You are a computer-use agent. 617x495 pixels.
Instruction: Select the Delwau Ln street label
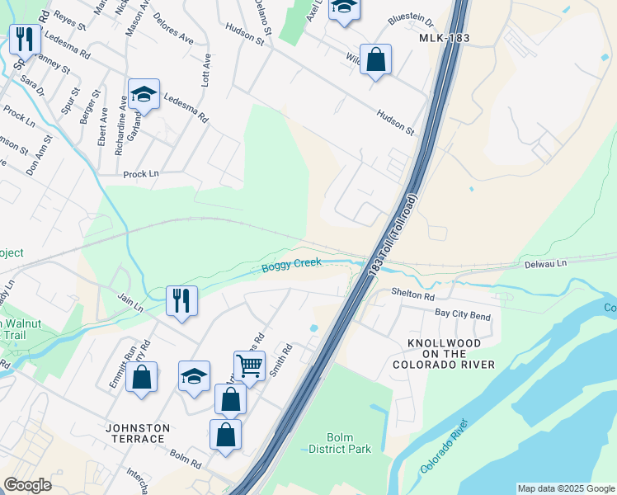click(x=546, y=264)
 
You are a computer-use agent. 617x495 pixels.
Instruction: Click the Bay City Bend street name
click(x=463, y=316)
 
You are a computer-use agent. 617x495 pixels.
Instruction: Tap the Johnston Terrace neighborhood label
click(x=138, y=433)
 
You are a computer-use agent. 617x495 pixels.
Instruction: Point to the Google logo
click(x=27, y=485)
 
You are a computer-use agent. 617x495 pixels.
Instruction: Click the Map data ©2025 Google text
click(x=566, y=488)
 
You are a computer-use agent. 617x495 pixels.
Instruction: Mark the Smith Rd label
click(x=282, y=361)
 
